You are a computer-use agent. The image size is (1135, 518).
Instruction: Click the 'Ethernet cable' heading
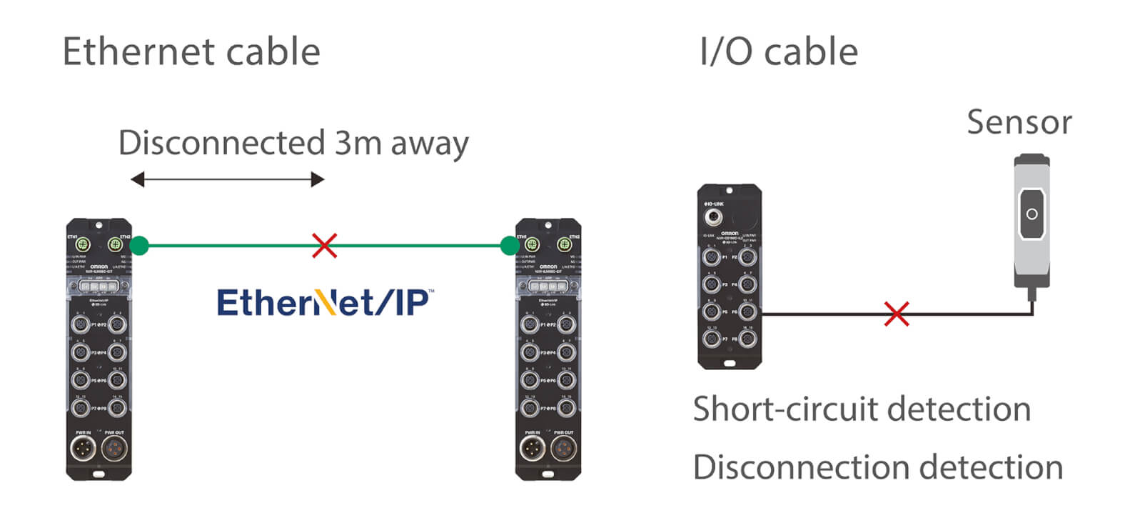pyautogui.click(x=191, y=51)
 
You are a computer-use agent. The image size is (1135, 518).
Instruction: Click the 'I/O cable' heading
pyautogui.click(x=779, y=51)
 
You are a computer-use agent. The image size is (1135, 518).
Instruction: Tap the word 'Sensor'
pyautogui.click(x=1019, y=122)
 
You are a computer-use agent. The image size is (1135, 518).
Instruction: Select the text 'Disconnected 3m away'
pyautogui.click(x=293, y=143)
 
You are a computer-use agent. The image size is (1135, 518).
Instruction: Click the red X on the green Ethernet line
pyautogui.click(x=325, y=245)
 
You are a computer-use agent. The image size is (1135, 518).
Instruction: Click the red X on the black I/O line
pyautogui.click(x=897, y=314)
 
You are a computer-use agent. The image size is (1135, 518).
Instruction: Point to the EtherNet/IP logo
pyautogui.click(x=325, y=303)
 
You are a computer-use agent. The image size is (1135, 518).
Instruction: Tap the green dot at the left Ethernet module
pyautogui.click(x=140, y=246)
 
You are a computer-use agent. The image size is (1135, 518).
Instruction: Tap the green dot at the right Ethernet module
pyautogui.click(x=510, y=246)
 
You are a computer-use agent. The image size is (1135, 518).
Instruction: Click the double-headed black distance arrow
pyautogui.click(x=228, y=179)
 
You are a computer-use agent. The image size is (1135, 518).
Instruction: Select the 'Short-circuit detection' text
pyautogui.click(x=862, y=409)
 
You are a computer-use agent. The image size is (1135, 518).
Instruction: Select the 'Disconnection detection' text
pyautogui.click(x=878, y=467)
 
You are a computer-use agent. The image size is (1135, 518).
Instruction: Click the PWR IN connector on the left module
pyautogui.click(x=84, y=449)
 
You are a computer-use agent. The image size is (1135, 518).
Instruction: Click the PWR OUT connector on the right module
pyautogui.click(x=563, y=449)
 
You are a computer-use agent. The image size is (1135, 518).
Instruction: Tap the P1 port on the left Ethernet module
pyautogui.click(x=81, y=324)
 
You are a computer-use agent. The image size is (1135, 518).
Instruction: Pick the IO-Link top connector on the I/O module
pyautogui.click(x=712, y=216)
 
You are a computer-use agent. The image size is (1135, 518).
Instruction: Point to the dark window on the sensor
pyautogui.click(x=1031, y=213)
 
